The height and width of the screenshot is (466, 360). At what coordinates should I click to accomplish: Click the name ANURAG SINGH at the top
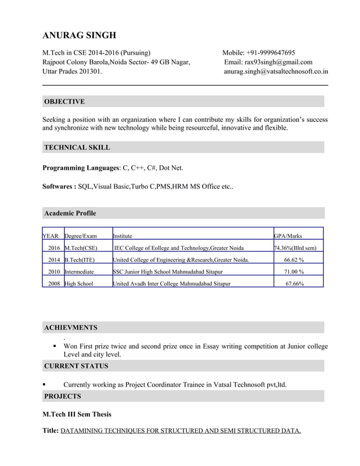point(80,36)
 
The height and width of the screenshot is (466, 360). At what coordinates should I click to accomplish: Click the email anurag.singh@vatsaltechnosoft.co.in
point(276,72)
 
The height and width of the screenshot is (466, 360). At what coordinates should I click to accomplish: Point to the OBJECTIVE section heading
point(64,102)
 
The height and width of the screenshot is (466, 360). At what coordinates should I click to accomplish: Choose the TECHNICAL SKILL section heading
point(77,147)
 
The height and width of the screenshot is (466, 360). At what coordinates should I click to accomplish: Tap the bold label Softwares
point(58,186)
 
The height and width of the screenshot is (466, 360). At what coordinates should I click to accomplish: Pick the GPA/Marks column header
point(288,236)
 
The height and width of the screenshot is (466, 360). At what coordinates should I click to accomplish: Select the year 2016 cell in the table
point(54,248)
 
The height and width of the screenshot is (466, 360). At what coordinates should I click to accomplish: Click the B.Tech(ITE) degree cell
point(79,260)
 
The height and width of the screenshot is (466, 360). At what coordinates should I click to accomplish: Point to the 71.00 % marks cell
point(295,272)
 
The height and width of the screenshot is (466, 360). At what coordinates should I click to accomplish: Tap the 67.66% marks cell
point(295,284)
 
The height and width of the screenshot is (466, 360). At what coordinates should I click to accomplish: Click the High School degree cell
point(79,284)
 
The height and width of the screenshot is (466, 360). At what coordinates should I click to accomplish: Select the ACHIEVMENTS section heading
point(71,327)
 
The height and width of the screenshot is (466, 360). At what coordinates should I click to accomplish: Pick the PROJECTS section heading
point(63,396)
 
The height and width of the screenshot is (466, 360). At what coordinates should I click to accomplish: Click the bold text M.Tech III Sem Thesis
point(77,414)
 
